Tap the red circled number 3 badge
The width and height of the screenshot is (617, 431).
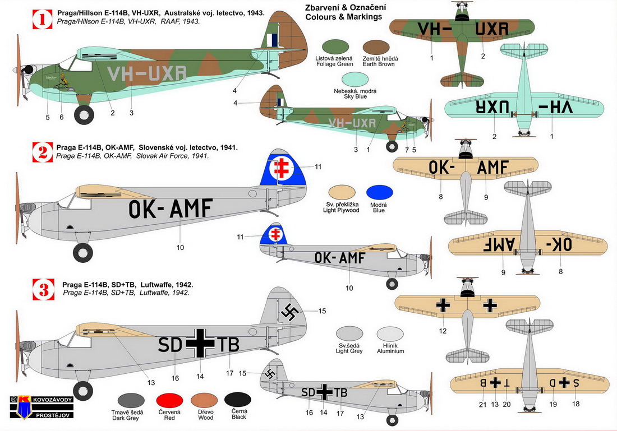pyautogui.click(x=43, y=290)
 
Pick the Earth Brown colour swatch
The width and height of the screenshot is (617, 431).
pyautogui.click(x=376, y=49)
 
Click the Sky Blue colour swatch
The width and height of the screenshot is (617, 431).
pyautogui.click(x=354, y=81)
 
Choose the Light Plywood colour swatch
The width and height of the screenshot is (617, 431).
pyautogui.click(x=342, y=192)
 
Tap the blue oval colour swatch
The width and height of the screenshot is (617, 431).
pyautogui.click(x=379, y=192)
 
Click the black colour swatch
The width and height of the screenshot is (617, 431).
pyautogui.click(x=238, y=401)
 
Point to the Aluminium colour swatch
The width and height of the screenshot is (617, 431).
pyautogui.click(x=390, y=335)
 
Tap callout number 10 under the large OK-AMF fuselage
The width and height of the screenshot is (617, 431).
pyautogui.click(x=180, y=247)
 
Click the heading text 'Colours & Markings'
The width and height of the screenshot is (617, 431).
pyautogui.click(x=344, y=17)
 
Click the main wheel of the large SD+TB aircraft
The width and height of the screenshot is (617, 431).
pyautogui.click(x=83, y=391)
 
